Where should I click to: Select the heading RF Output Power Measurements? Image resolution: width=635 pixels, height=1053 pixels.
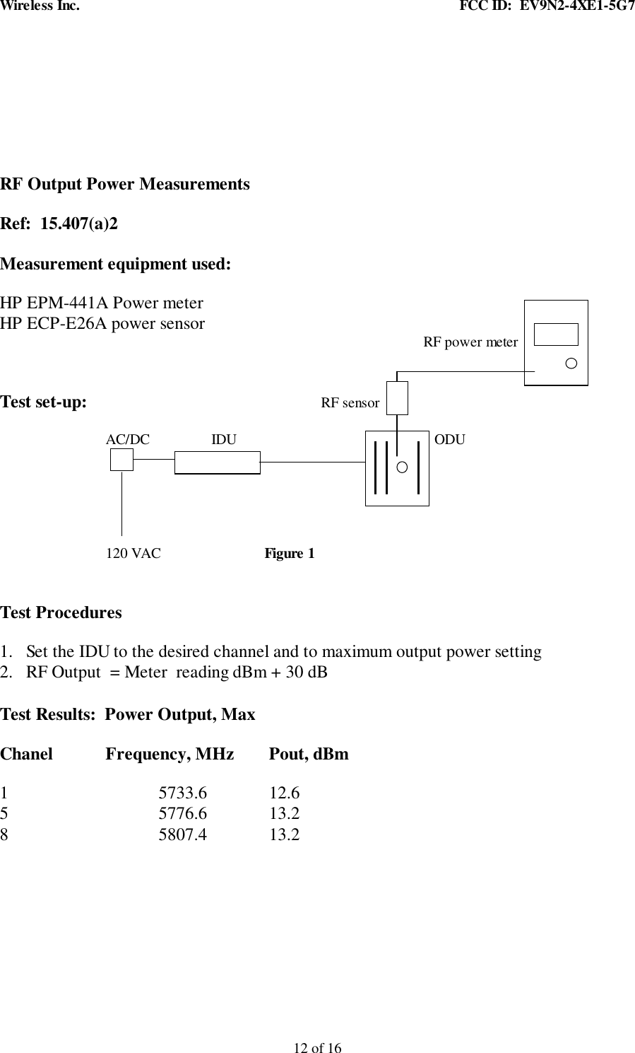click(125, 185)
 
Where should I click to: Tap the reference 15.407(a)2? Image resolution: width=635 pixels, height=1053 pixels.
click(80, 224)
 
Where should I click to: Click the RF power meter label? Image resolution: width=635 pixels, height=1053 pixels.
click(470, 342)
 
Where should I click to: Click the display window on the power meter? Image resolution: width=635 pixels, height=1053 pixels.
click(557, 334)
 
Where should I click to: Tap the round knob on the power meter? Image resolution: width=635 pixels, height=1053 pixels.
click(571, 363)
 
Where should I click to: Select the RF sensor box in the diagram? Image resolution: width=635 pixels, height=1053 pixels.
click(397, 397)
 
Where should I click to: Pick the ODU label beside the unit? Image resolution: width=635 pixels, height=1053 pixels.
click(450, 439)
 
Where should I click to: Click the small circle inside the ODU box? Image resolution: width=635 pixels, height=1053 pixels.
click(402, 467)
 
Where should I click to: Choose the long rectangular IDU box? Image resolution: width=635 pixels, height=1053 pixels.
click(217, 462)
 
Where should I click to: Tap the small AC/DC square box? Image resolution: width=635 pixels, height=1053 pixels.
click(121, 460)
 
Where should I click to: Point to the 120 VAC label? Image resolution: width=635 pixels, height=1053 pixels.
click(133, 553)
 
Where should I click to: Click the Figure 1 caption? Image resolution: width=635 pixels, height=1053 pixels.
click(290, 553)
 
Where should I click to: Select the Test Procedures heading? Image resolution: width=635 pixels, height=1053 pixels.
click(61, 612)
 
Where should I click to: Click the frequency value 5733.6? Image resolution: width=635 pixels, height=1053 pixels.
click(183, 793)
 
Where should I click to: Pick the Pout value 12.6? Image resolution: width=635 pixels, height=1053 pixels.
click(284, 793)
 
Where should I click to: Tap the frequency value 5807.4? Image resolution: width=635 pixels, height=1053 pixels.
click(183, 834)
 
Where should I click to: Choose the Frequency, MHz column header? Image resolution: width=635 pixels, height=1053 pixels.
click(170, 754)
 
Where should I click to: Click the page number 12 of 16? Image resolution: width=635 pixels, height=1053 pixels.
click(317, 1047)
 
